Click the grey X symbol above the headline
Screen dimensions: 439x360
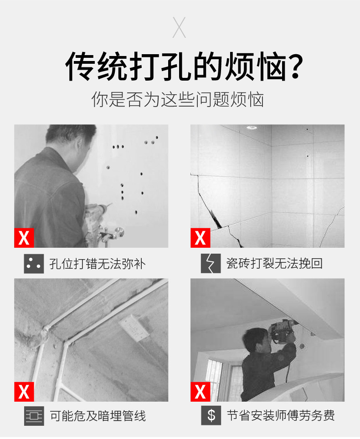click(180, 27)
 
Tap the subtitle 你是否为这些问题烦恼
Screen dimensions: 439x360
click(178, 100)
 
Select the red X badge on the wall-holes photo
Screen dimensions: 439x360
click(24, 237)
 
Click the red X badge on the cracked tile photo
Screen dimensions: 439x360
click(200, 237)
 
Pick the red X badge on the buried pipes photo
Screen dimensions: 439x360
click(24, 391)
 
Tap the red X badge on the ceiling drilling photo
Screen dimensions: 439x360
click(200, 391)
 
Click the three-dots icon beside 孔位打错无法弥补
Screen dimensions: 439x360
click(34, 263)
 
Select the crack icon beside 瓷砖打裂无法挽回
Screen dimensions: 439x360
click(210, 263)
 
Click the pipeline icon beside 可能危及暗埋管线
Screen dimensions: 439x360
click(34, 416)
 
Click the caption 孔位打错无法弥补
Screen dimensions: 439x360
click(98, 264)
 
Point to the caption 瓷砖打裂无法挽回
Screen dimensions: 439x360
click(274, 264)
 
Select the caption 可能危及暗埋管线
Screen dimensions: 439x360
click(98, 416)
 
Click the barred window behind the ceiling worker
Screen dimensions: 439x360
click(214, 373)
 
